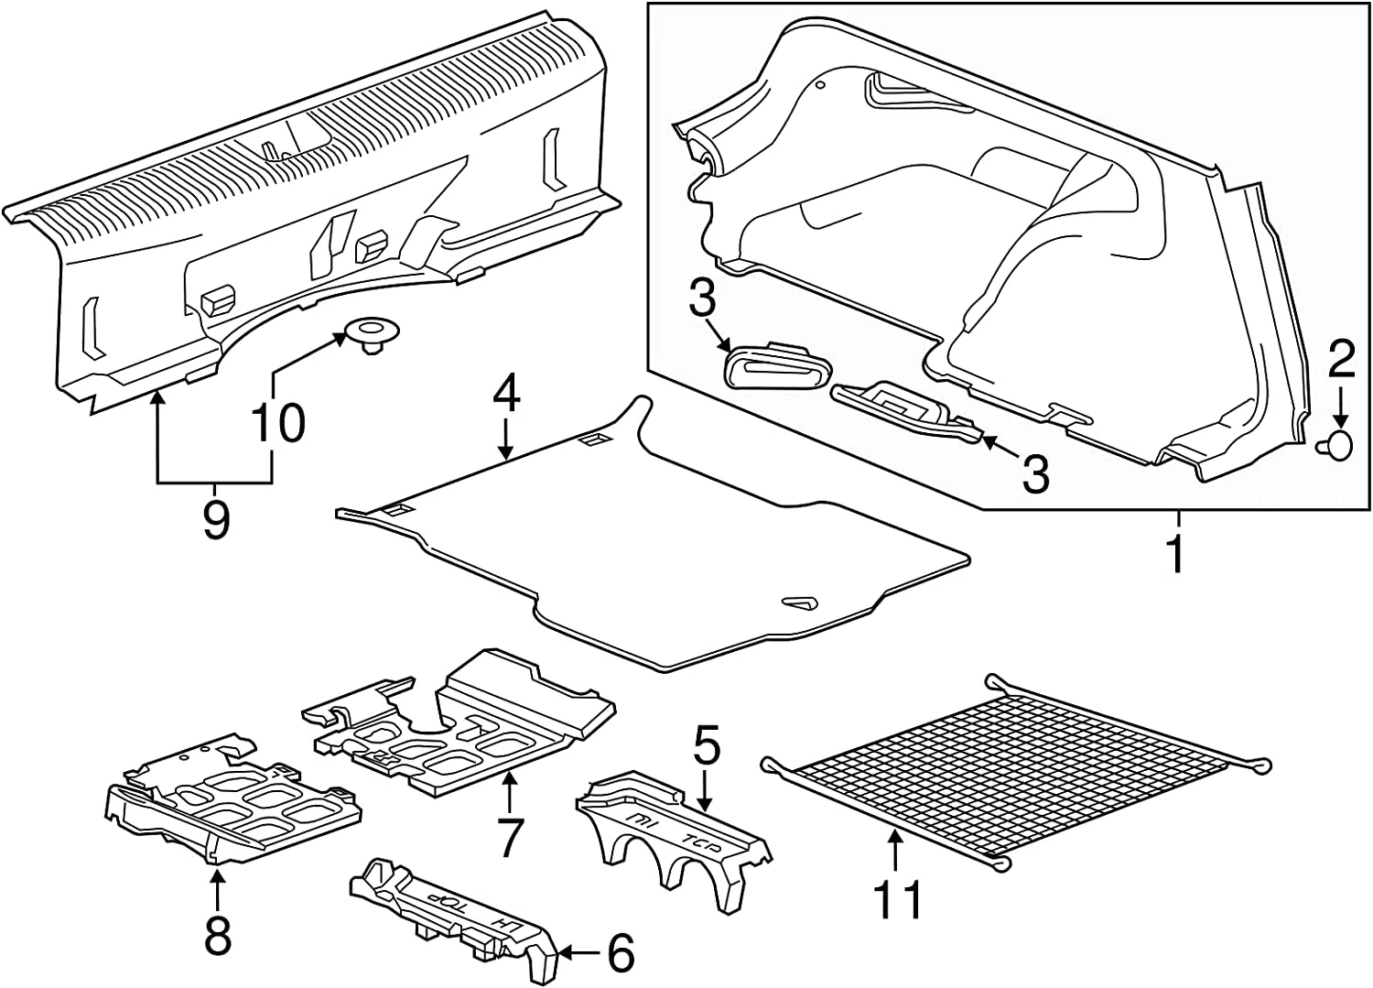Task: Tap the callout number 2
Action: click(x=1341, y=361)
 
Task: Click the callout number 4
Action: click(x=506, y=396)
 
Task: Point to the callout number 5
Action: click(x=707, y=747)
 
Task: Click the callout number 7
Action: click(x=509, y=835)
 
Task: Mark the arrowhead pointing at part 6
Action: click(x=563, y=954)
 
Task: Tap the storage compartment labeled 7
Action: click(x=467, y=723)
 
